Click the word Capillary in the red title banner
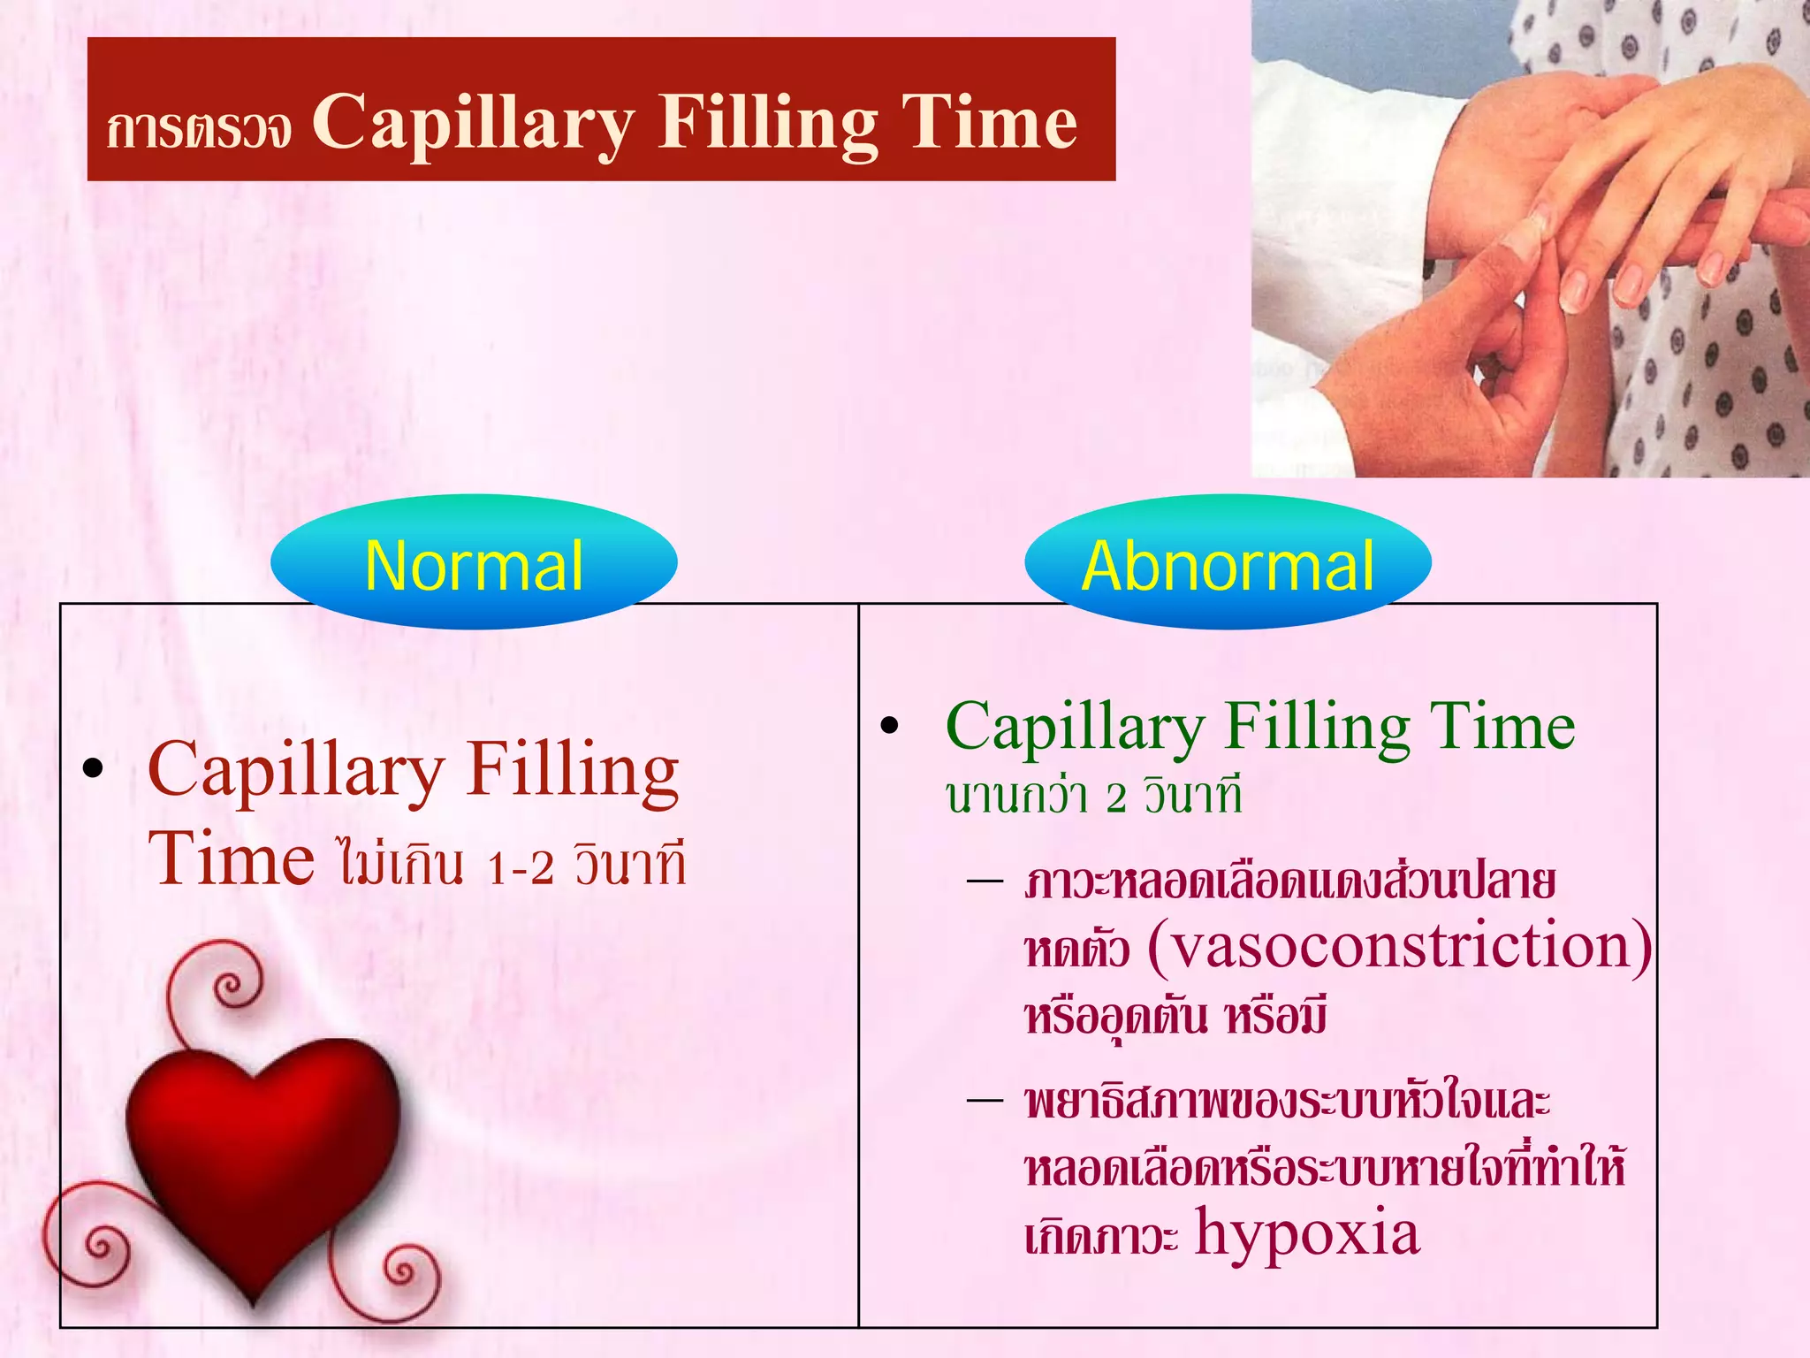pos(473,124)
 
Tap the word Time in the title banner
pos(989,122)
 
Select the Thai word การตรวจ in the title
pos(198,129)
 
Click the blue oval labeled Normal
pos(474,563)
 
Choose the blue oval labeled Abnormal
pos(1228,563)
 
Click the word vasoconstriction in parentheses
pos(1400,945)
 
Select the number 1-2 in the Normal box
pos(520,867)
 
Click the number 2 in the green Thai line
pos(1116,798)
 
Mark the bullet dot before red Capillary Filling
pos(93,769)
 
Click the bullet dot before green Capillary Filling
pos(889,727)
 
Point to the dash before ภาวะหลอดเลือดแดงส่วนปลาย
pos(985,881)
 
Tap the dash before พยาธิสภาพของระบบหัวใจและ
pos(985,1101)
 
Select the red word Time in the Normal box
pos(231,858)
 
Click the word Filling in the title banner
pos(767,124)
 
